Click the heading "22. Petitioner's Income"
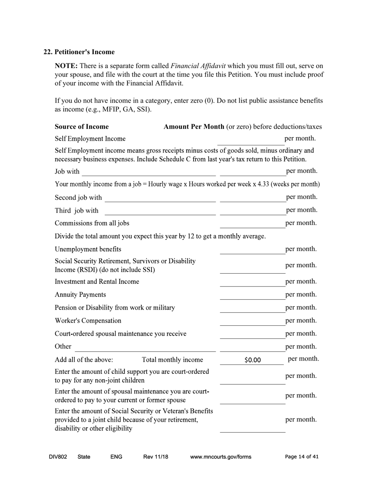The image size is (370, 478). (79, 52)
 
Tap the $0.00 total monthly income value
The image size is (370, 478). (252, 360)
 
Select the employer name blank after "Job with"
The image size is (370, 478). (148, 171)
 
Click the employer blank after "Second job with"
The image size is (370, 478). (160, 198)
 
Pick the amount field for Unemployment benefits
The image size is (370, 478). (252, 249)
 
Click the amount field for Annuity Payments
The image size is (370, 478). (252, 295)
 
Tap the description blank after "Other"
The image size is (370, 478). (145, 347)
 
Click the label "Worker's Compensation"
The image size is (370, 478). (88, 321)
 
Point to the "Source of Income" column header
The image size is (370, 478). (82, 127)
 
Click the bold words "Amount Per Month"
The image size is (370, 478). (194, 127)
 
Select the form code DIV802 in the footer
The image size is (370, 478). (58, 457)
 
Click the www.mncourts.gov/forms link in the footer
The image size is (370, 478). (220, 457)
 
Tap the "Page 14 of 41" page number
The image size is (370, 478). (301, 457)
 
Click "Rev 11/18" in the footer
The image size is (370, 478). (156, 457)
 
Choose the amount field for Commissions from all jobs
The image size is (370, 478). (252, 223)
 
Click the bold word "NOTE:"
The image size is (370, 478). (66, 66)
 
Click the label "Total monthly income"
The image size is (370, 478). (173, 359)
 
